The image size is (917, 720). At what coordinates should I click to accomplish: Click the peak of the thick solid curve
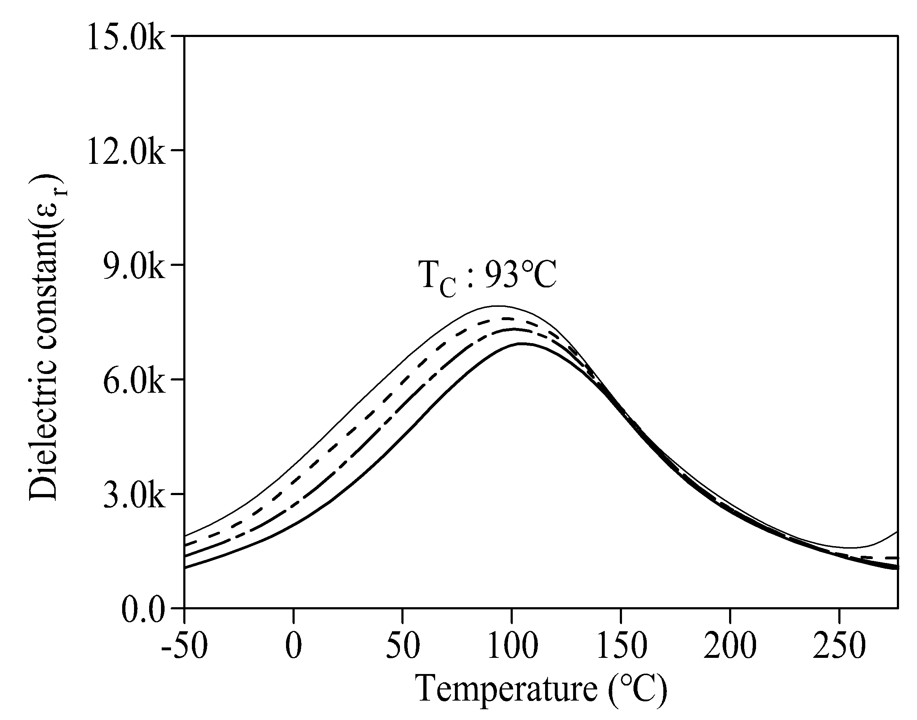coord(522,343)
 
